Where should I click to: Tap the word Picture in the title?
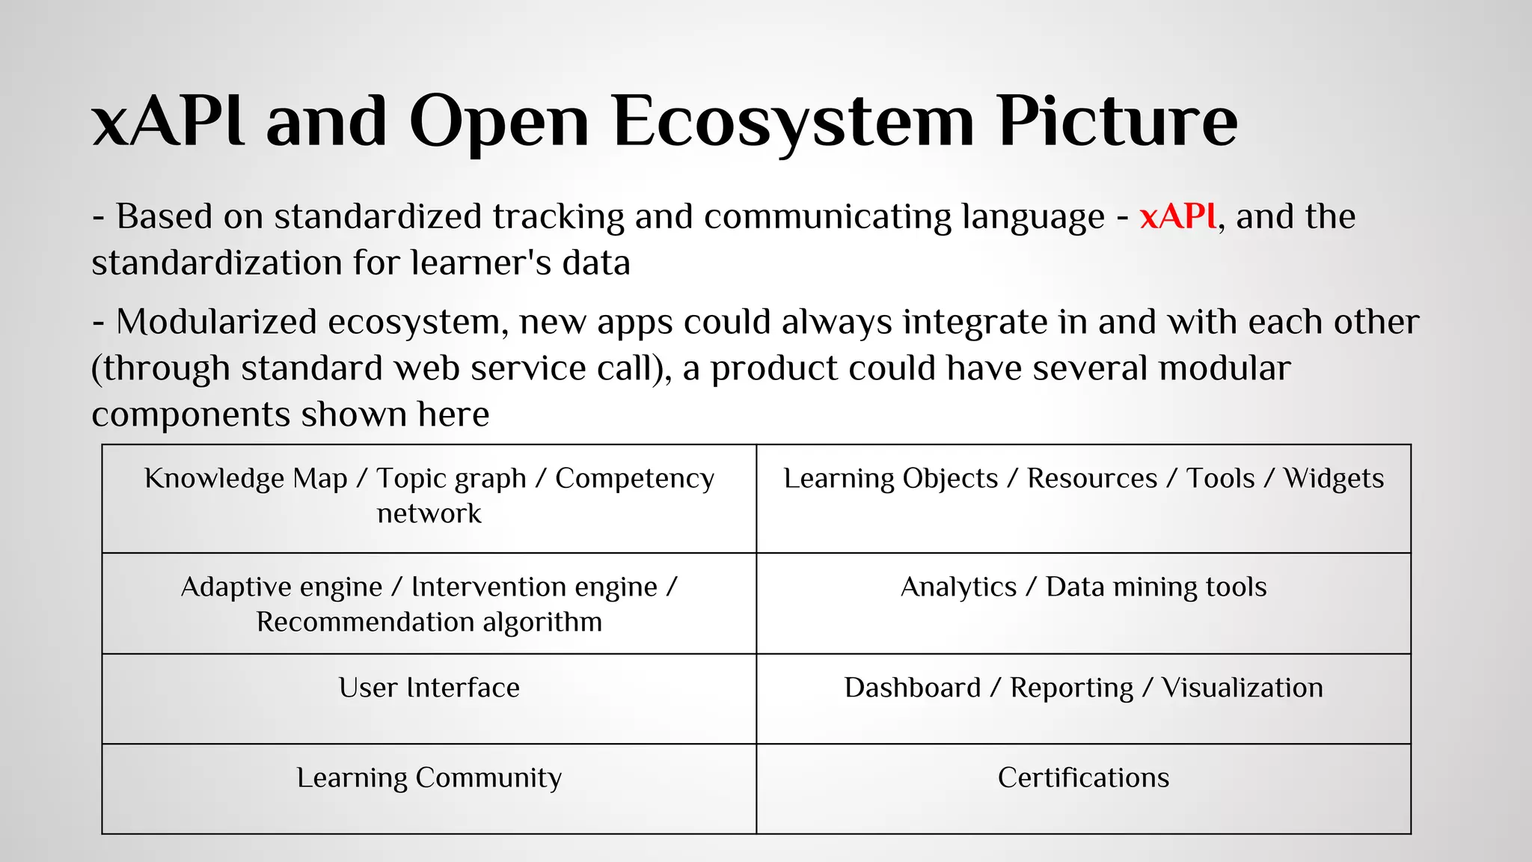pos(1118,121)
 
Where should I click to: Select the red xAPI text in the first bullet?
pos(1178,217)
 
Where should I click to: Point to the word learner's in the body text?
pos(479,263)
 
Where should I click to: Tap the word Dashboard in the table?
pos(912,688)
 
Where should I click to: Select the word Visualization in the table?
pos(1242,688)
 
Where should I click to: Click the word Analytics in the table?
pos(958,587)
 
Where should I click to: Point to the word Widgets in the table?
pos(1334,479)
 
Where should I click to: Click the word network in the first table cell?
pos(429,514)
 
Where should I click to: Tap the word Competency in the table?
pos(634,479)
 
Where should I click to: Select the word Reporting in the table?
pos(1071,688)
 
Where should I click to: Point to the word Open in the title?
pos(499,121)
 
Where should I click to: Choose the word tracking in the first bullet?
pos(558,217)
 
